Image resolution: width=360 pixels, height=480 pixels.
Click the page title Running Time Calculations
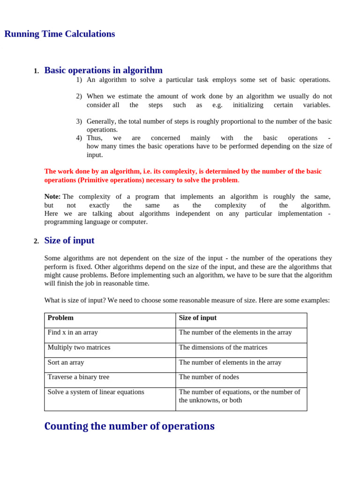pyautogui.click(x=60, y=34)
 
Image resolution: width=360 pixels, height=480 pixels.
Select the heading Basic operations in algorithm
pyautogui.click(x=103, y=70)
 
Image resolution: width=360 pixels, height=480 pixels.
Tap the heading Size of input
pyautogui.click(x=69, y=240)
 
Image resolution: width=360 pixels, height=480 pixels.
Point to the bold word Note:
pyautogui.click(x=52, y=197)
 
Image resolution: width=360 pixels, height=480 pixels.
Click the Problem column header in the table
pyautogui.click(x=60, y=318)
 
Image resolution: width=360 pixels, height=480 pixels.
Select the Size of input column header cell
pyautogui.click(x=198, y=318)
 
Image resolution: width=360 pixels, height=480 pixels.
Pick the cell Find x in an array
pyautogui.click(x=73, y=332)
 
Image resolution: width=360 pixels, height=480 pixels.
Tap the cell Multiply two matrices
pyautogui.click(x=79, y=347)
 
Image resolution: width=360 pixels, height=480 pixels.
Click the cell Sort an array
pyautogui.click(x=66, y=362)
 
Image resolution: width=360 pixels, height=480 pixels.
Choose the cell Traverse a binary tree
pyautogui.click(x=78, y=377)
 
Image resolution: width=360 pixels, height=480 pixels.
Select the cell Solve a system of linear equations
pyautogui.click(x=96, y=392)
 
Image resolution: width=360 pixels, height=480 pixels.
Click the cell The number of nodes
pyautogui.click(x=209, y=377)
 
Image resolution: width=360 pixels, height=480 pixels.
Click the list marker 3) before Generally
pyautogui.click(x=79, y=121)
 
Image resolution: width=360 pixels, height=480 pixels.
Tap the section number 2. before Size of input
pyautogui.click(x=36, y=241)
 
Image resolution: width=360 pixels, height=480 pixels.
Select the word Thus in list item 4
pyautogui.click(x=94, y=138)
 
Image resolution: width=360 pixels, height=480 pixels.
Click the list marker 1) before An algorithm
pyautogui.click(x=79, y=80)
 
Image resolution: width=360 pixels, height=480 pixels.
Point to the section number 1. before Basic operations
pyautogui.click(x=36, y=71)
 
